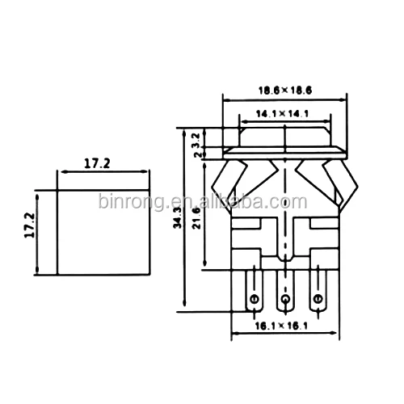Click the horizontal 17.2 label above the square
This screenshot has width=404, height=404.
click(x=96, y=163)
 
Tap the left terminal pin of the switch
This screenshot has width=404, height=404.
click(x=255, y=295)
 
